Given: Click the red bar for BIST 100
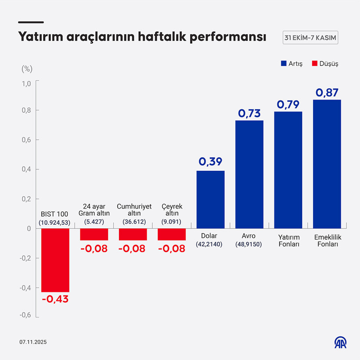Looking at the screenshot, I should [55, 260].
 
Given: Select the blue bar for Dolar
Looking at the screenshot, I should [210, 199].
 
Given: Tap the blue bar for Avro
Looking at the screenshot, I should [249, 174].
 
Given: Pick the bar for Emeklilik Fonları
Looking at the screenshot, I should [327, 164].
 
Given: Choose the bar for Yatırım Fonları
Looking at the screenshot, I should [288, 170].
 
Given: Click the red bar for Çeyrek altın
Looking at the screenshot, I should [172, 234].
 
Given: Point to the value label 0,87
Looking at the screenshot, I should [327, 93].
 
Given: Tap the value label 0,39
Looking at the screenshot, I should [210, 162].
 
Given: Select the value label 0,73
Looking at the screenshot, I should [249, 113].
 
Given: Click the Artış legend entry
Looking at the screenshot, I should [292, 64].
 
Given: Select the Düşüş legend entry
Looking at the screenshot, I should [325, 64].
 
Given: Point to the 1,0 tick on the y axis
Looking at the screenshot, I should [26, 83].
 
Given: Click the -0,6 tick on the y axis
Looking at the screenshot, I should [25, 315].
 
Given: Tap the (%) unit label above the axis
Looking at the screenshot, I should [27, 68].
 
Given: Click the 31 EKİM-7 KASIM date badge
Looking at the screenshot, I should [310, 38].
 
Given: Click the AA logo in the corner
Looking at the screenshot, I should [340, 342].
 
